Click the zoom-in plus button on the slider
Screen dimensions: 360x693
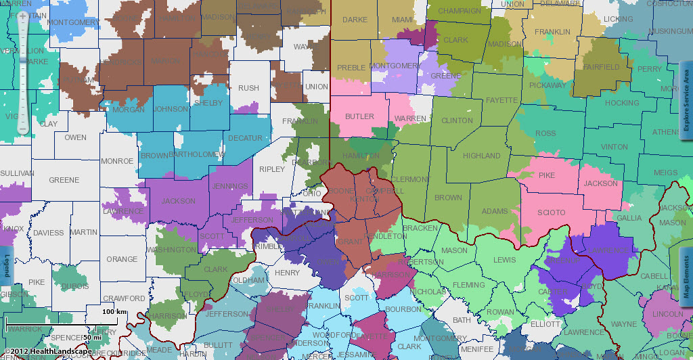coord(23,15)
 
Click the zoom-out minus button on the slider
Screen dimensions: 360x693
coord(23,127)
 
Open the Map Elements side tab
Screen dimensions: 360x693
coord(686,277)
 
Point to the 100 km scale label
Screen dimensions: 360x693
coord(114,311)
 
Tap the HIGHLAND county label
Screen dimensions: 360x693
coord(481,156)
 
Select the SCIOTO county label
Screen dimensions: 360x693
coord(551,212)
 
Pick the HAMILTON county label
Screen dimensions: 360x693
coord(361,156)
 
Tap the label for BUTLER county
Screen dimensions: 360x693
coord(359,116)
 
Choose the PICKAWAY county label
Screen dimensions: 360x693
coord(547,85)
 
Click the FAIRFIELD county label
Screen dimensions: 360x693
coord(601,67)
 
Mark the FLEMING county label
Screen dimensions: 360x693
coord(469,285)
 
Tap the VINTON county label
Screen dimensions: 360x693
coord(614,147)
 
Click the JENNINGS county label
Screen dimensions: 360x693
coord(229,187)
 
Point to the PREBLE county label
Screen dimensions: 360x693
coord(351,68)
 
